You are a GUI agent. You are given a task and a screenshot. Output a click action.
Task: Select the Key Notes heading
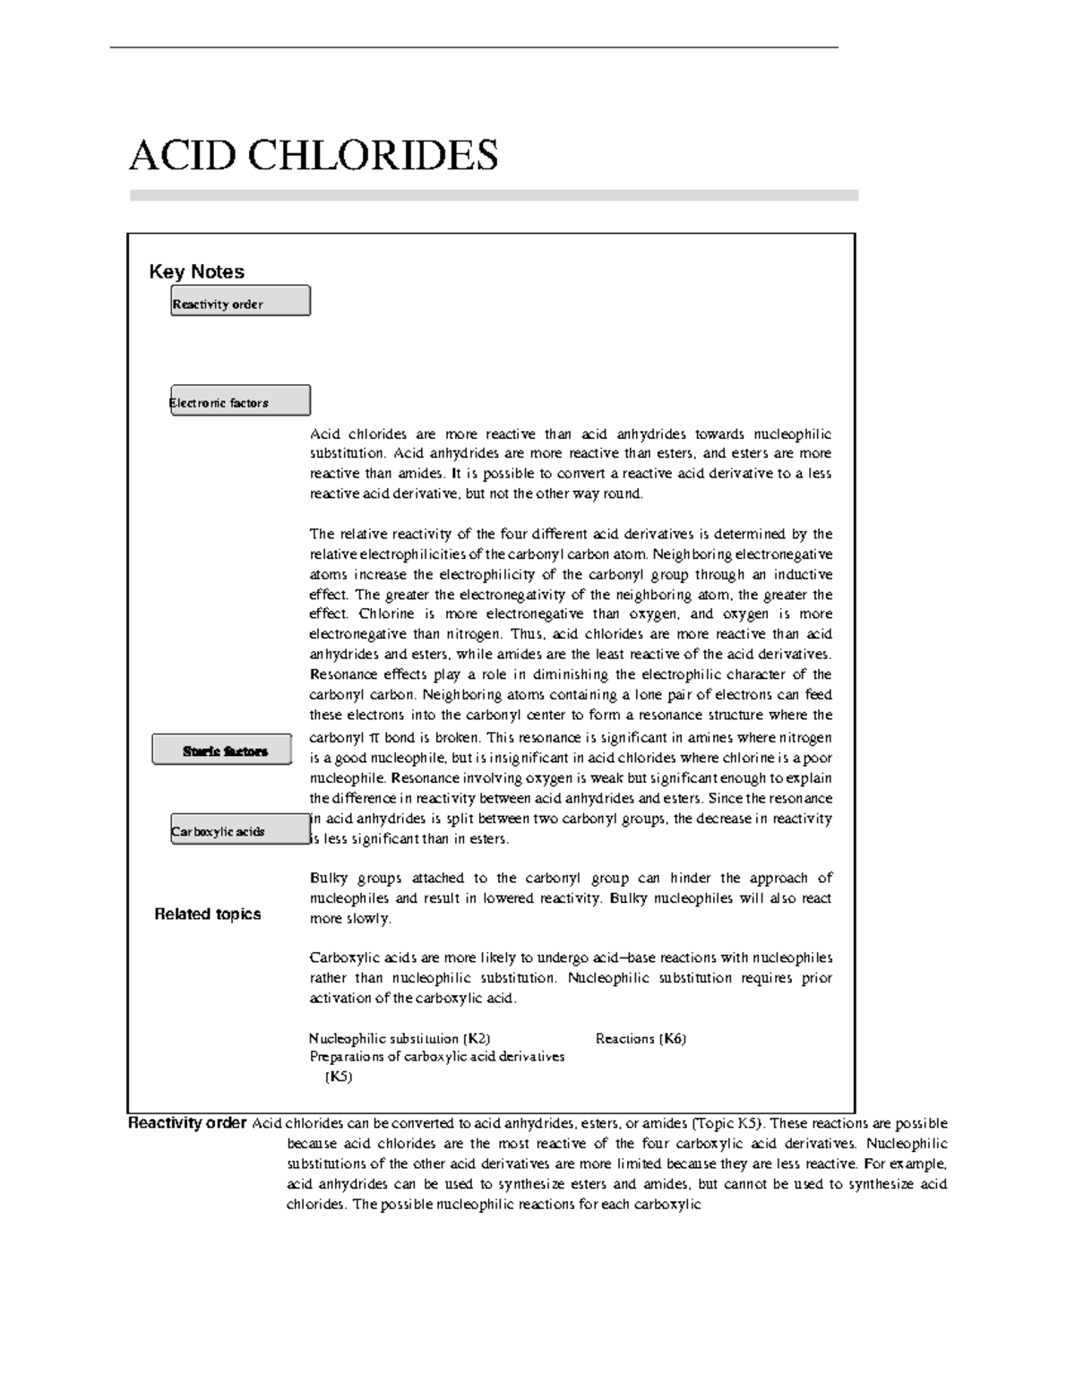(x=196, y=271)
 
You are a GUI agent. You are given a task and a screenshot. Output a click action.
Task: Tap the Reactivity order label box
(x=240, y=301)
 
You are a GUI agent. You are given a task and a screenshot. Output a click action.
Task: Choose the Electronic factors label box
(x=240, y=400)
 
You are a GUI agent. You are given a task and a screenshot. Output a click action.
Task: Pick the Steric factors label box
(x=222, y=750)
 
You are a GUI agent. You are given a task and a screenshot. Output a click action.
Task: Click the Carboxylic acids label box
(x=240, y=829)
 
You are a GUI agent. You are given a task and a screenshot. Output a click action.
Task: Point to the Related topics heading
(x=207, y=914)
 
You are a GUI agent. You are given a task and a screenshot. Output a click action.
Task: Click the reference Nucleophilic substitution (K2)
(x=399, y=1038)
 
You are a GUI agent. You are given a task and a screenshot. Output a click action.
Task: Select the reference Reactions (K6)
(x=641, y=1038)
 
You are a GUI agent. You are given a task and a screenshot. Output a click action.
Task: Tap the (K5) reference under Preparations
(x=338, y=1077)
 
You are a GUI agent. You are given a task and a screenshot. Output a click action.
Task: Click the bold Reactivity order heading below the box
(x=187, y=1123)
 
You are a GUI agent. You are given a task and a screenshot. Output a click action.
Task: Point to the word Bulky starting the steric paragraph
(x=328, y=878)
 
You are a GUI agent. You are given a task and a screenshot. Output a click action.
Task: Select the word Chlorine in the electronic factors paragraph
(x=386, y=614)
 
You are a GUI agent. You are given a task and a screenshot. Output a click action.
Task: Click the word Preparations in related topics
(x=344, y=1057)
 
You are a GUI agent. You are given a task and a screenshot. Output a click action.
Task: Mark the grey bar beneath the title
(x=494, y=195)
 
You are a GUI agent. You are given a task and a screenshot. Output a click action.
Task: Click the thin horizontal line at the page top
(x=473, y=47)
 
